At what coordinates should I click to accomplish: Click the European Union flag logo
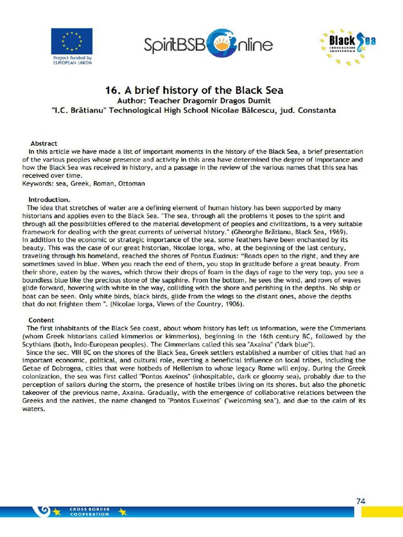click(x=71, y=41)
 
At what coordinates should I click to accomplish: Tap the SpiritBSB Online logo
click(x=208, y=44)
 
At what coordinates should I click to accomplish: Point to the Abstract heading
click(x=44, y=143)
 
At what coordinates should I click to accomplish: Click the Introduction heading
click(x=49, y=200)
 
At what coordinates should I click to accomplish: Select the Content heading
click(x=41, y=320)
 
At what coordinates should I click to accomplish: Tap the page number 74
click(x=360, y=501)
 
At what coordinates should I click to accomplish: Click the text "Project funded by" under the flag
click(x=72, y=58)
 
